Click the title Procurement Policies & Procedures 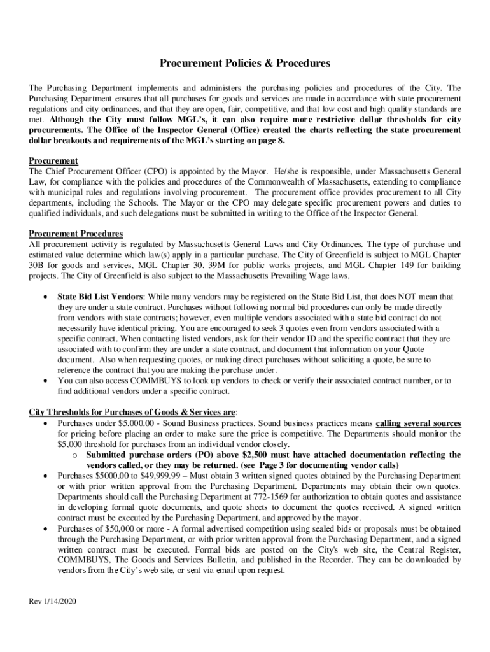coord(244,64)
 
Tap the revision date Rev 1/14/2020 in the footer coord(53,602)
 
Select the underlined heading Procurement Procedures coord(76,234)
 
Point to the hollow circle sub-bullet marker coord(75,455)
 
